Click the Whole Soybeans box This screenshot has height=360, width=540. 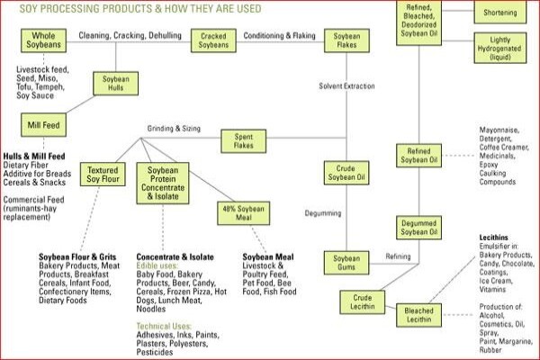click(44, 40)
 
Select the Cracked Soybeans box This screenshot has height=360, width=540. click(213, 40)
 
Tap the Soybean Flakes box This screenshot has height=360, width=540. click(346, 40)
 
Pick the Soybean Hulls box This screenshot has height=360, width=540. click(116, 84)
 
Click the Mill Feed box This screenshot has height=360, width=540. click(44, 125)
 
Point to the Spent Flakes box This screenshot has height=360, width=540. click(244, 141)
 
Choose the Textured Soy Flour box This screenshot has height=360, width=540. click(103, 175)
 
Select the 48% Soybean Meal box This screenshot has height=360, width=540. click(244, 213)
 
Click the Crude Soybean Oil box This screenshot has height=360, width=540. click(346, 173)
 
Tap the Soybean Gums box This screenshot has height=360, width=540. click(346, 263)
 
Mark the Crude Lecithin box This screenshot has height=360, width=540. click(363, 302)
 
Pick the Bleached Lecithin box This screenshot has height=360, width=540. click(418, 315)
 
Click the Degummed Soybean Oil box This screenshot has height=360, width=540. click(418, 228)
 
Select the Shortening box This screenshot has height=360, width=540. click(500, 12)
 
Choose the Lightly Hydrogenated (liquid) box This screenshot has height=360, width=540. click(500, 48)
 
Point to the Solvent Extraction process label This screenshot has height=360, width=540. click(346, 86)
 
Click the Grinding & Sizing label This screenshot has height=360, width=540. click(174, 129)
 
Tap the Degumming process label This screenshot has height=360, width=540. click(323, 213)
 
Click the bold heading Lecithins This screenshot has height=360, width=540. click(493, 238)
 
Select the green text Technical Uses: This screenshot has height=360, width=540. click(164, 326)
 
